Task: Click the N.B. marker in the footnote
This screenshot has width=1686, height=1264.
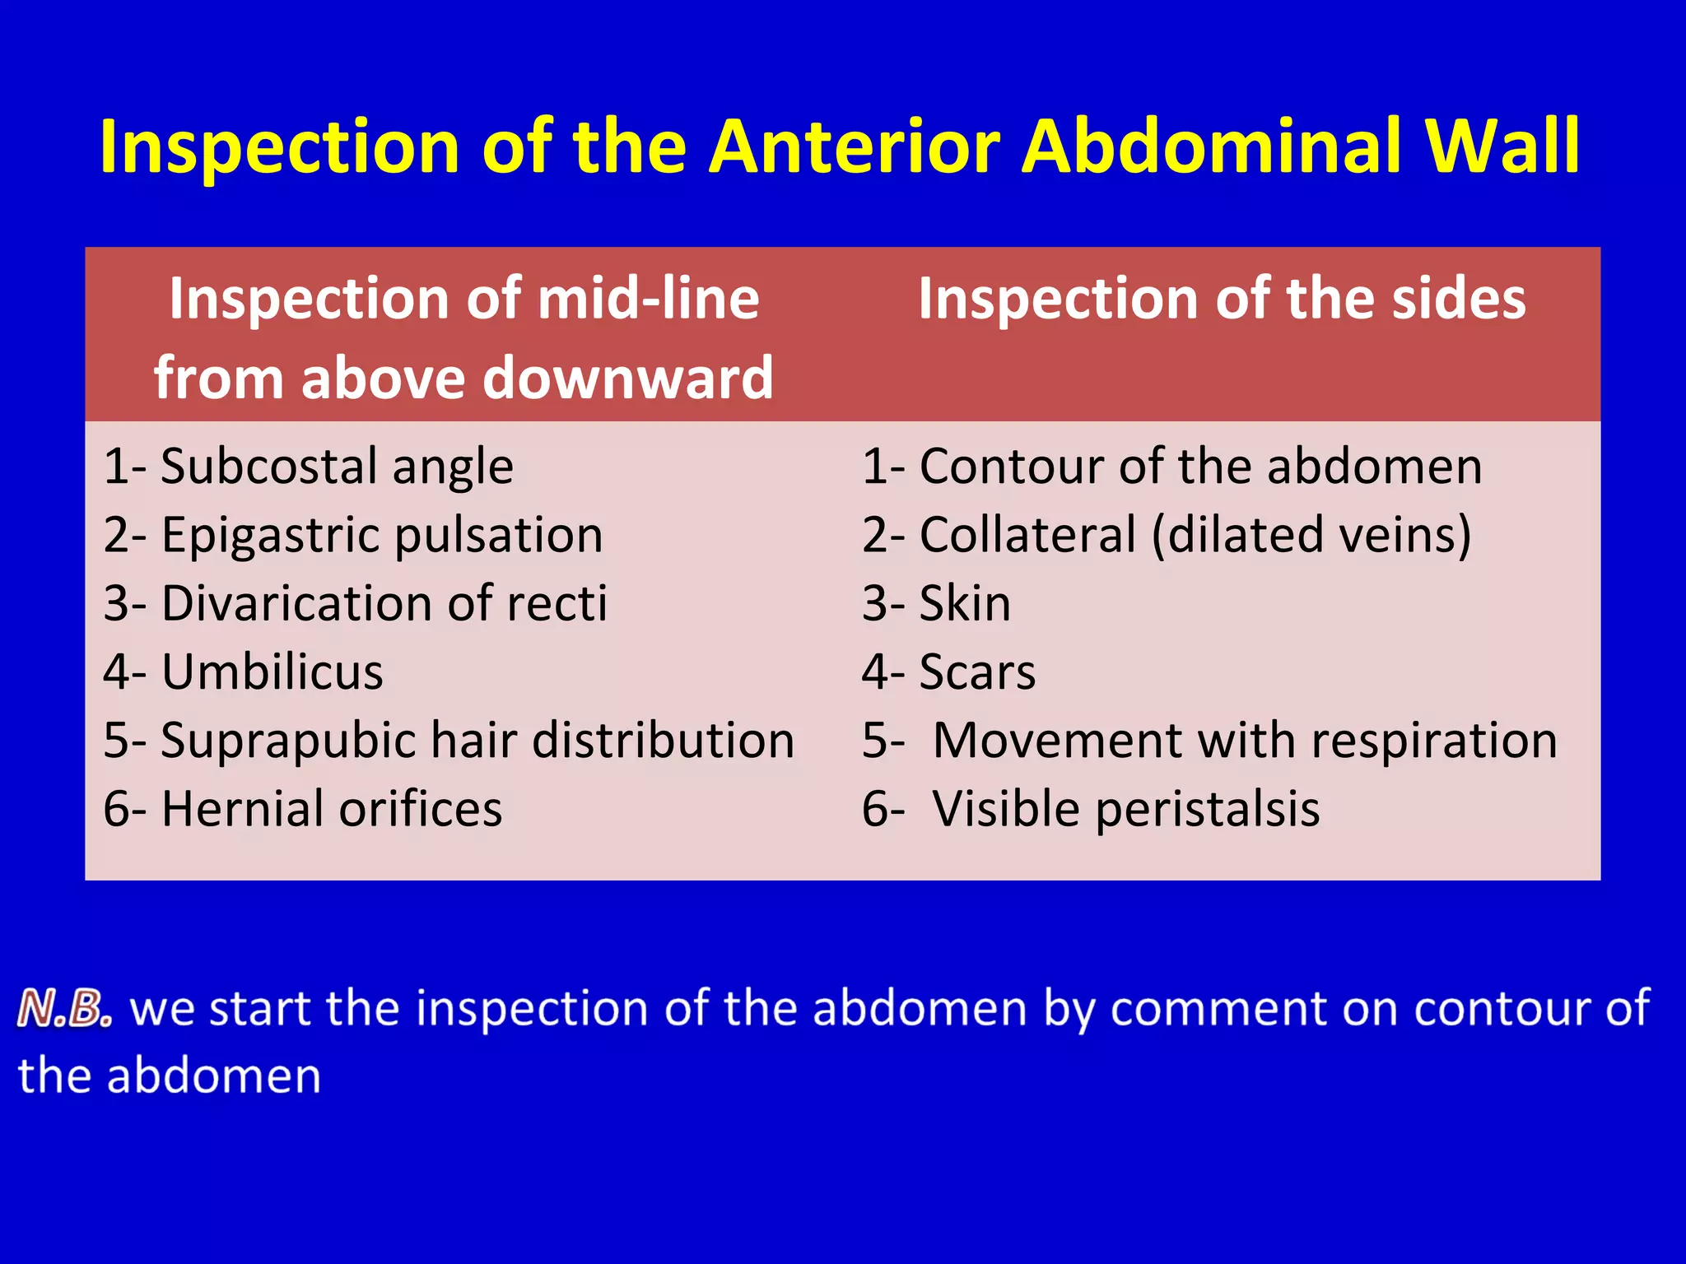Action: [64, 1009]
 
